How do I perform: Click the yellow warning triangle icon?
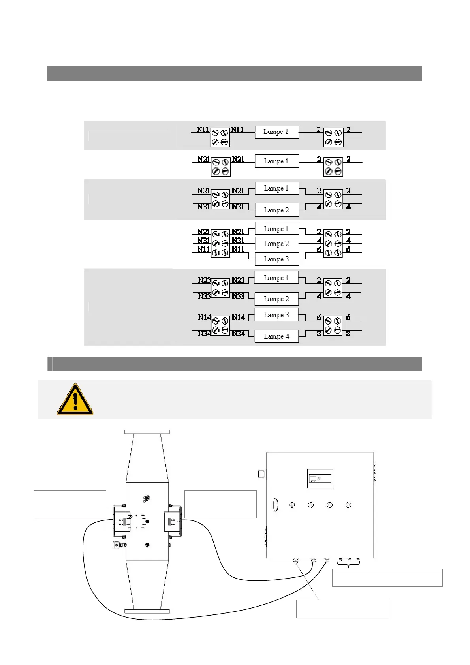point(75,400)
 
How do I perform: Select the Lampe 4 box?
point(276,336)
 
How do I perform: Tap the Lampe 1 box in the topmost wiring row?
point(276,131)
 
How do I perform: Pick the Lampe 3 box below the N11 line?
point(276,259)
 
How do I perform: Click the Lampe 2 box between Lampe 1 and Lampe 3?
point(276,244)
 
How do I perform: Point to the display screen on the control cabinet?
point(320,479)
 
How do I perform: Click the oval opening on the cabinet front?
point(275,505)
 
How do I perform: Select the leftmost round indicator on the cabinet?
point(292,505)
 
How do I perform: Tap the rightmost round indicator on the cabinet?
point(348,505)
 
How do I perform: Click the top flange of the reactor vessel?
point(147,432)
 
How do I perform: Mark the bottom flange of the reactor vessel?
point(147,611)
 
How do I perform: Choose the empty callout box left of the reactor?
point(70,504)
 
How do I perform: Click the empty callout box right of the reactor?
point(220,504)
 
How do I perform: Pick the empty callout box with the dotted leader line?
point(342,609)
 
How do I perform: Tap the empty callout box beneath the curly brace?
point(387,578)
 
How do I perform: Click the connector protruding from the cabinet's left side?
point(262,473)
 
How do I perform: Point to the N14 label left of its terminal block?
point(204,317)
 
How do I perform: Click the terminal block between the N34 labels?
point(220,326)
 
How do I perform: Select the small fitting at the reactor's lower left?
point(117,545)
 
